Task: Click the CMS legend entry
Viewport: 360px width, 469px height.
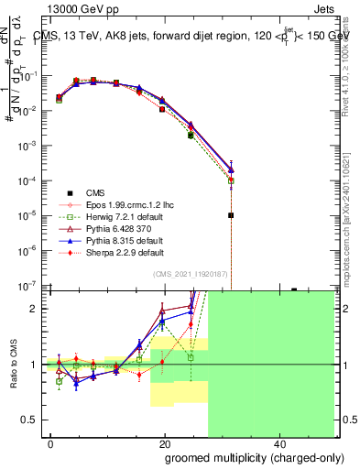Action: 96,192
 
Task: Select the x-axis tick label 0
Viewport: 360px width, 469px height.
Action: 51,442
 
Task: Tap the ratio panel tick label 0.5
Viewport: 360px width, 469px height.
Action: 34,420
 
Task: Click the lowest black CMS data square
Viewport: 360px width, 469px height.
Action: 231,215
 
